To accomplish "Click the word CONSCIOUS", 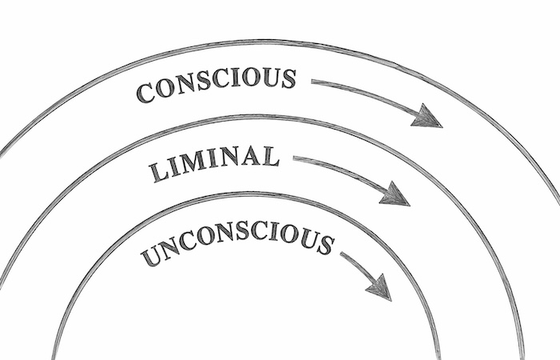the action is (x=216, y=85).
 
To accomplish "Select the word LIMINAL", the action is (x=214, y=163).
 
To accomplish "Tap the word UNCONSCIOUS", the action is (x=238, y=244).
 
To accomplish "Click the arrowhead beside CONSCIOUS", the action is (x=426, y=117).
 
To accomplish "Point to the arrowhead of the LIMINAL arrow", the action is (x=394, y=194).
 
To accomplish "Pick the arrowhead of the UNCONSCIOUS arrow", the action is (x=380, y=288).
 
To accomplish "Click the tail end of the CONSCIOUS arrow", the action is (x=312, y=82).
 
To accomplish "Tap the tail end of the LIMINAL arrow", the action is (x=294, y=158).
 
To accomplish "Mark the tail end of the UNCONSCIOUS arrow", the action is (x=341, y=254).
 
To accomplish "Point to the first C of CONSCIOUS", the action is (x=146, y=94).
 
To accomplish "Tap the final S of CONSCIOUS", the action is (x=287, y=79).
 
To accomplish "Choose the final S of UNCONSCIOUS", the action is (x=325, y=245).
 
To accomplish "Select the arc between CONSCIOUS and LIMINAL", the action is (x=258, y=117).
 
